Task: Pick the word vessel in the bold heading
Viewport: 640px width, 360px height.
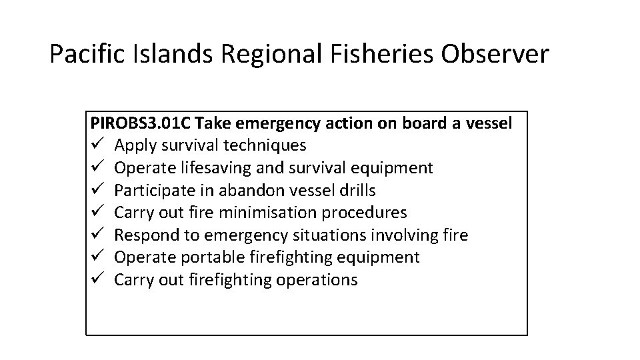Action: point(489,123)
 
